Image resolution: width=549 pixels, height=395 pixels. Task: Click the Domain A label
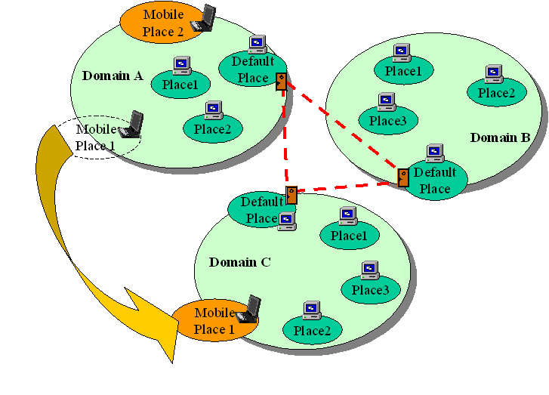113,76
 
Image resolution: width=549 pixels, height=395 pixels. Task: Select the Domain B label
501,138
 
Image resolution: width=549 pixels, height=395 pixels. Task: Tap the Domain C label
239,263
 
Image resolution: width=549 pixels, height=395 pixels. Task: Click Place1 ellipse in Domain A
180,85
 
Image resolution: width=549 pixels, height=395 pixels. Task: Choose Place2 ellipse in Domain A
212,129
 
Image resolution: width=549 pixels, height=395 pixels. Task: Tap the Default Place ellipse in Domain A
251,69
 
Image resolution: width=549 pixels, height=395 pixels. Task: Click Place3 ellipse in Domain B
387,121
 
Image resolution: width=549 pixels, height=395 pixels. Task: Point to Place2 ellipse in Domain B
496,93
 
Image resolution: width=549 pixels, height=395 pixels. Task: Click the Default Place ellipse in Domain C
261,210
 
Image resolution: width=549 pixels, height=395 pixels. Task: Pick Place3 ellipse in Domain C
370,290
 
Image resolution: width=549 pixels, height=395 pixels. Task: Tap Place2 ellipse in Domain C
312,330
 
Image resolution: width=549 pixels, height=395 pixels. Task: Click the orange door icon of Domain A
281,81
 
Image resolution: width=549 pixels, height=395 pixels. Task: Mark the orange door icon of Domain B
403,177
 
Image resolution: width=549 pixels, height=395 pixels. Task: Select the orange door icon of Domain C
291,195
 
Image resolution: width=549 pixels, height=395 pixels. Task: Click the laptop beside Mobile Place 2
204,19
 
